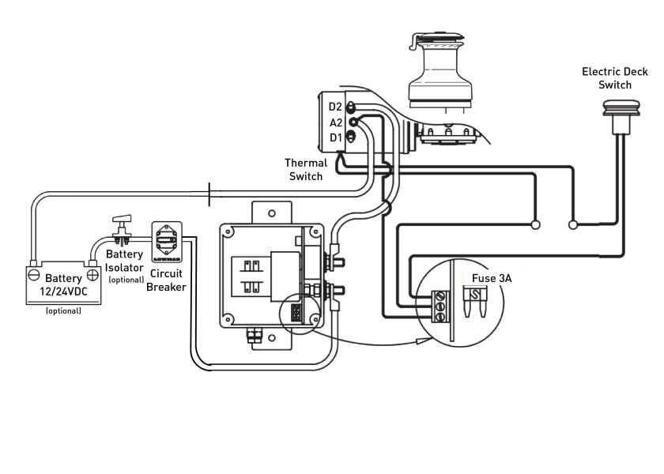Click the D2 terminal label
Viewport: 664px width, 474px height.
[x=335, y=107]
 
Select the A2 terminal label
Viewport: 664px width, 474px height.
[x=335, y=122]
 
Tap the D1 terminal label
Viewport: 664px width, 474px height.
[x=335, y=138]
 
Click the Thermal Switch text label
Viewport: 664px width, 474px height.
[x=305, y=170]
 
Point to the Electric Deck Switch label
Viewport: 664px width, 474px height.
[x=614, y=78]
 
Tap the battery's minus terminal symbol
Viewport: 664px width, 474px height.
[x=34, y=274]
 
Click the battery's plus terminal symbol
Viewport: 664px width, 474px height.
[x=92, y=274]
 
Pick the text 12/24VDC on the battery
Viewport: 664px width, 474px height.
[x=63, y=292]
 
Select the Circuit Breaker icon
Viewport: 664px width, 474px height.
[x=167, y=243]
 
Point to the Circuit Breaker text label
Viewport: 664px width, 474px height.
[x=167, y=280]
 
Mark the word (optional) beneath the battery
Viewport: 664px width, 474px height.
[x=63, y=310]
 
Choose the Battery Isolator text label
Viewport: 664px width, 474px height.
[x=125, y=261]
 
